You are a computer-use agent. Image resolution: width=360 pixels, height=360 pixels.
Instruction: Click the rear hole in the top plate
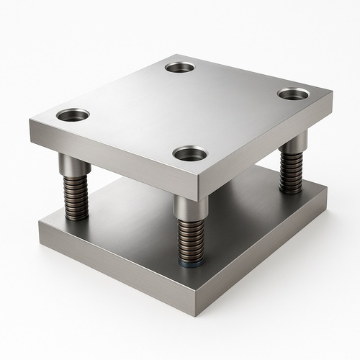pyautogui.click(x=179, y=67)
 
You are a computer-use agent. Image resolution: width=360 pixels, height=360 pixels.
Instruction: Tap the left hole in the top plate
pyautogui.click(x=73, y=114)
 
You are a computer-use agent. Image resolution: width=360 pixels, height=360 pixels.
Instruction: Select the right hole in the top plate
pyautogui.click(x=293, y=94)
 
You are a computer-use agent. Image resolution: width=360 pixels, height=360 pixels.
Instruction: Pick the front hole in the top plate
pyautogui.click(x=190, y=153)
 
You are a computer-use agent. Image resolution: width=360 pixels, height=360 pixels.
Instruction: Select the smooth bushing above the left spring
pyautogui.click(x=74, y=164)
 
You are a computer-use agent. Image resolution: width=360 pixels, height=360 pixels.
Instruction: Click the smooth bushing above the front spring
pyautogui.click(x=191, y=207)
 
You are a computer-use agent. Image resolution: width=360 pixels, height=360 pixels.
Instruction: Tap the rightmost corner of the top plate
pyautogui.click(x=333, y=94)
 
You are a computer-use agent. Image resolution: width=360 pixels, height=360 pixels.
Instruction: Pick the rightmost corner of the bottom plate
pyautogui.click(x=327, y=189)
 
